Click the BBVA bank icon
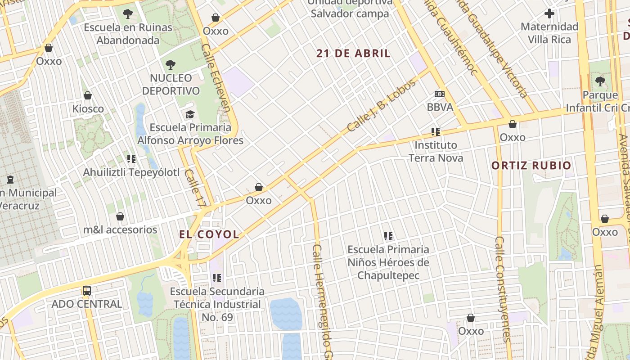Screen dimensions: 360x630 (x=440, y=94)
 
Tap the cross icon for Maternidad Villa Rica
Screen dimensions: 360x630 (x=549, y=13)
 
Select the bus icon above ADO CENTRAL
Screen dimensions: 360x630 (x=87, y=291)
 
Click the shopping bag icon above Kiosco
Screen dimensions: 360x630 (x=88, y=95)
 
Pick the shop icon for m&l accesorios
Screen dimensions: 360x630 (x=120, y=217)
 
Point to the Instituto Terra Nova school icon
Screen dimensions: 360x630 (x=435, y=132)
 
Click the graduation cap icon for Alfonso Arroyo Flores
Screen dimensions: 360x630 (x=190, y=114)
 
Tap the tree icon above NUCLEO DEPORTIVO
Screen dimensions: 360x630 (x=171, y=65)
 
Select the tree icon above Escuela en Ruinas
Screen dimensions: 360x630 (x=128, y=14)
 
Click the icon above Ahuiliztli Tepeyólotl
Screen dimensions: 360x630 (x=131, y=159)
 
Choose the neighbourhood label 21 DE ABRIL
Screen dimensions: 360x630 (x=353, y=54)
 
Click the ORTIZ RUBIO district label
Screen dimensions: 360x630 (x=531, y=165)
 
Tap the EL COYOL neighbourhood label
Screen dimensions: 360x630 (x=209, y=234)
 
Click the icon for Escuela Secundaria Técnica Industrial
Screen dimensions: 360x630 (x=217, y=278)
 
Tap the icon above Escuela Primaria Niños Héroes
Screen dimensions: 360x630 (x=388, y=236)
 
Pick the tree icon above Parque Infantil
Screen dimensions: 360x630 (x=600, y=81)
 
